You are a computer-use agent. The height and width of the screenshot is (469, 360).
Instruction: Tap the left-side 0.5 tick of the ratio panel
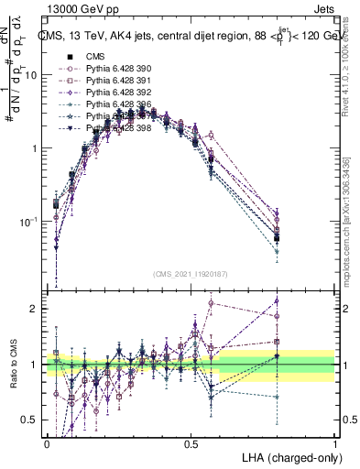[33, 420]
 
